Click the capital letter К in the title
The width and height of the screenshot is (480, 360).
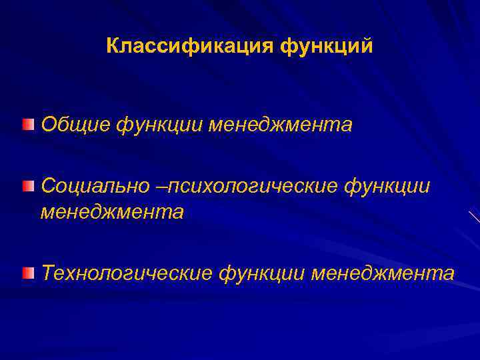point(112,47)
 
